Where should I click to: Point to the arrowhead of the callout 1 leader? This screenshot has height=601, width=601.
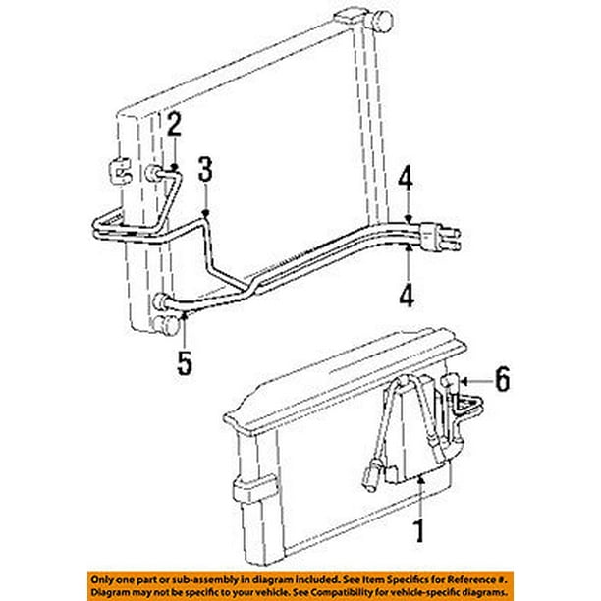click(419, 478)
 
